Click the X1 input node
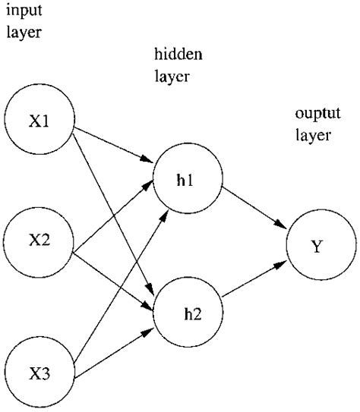(39, 122)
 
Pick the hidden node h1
(188, 181)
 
